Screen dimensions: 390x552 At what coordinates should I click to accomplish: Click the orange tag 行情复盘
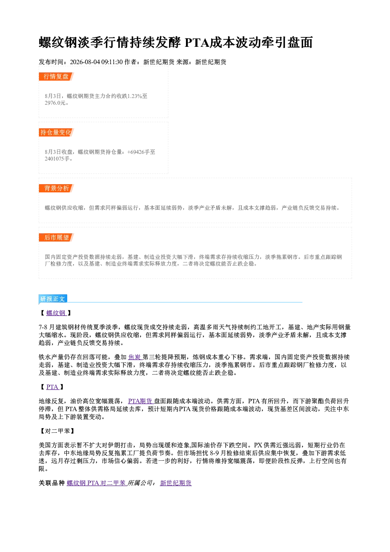[56, 77]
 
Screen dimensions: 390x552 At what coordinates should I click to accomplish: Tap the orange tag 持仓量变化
[56, 133]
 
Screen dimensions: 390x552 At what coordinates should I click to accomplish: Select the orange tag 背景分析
[56, 188]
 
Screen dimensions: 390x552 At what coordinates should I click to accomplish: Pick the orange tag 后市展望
[56, 238]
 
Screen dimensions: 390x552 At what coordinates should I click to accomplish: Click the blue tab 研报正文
[53, 299]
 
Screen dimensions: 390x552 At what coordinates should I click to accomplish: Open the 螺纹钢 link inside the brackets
[56, 313]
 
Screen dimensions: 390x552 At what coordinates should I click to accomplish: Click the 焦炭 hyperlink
[135, 357]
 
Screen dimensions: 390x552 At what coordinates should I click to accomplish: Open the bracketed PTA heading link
[53, 387]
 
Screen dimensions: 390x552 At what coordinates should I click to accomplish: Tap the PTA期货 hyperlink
[141, 401]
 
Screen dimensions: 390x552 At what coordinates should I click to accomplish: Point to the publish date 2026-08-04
[85, 62]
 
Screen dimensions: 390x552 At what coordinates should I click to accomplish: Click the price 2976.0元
[55, 103]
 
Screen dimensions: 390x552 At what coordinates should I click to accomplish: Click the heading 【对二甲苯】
[57, 431]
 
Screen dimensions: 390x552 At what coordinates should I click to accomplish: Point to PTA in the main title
[197, 42]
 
